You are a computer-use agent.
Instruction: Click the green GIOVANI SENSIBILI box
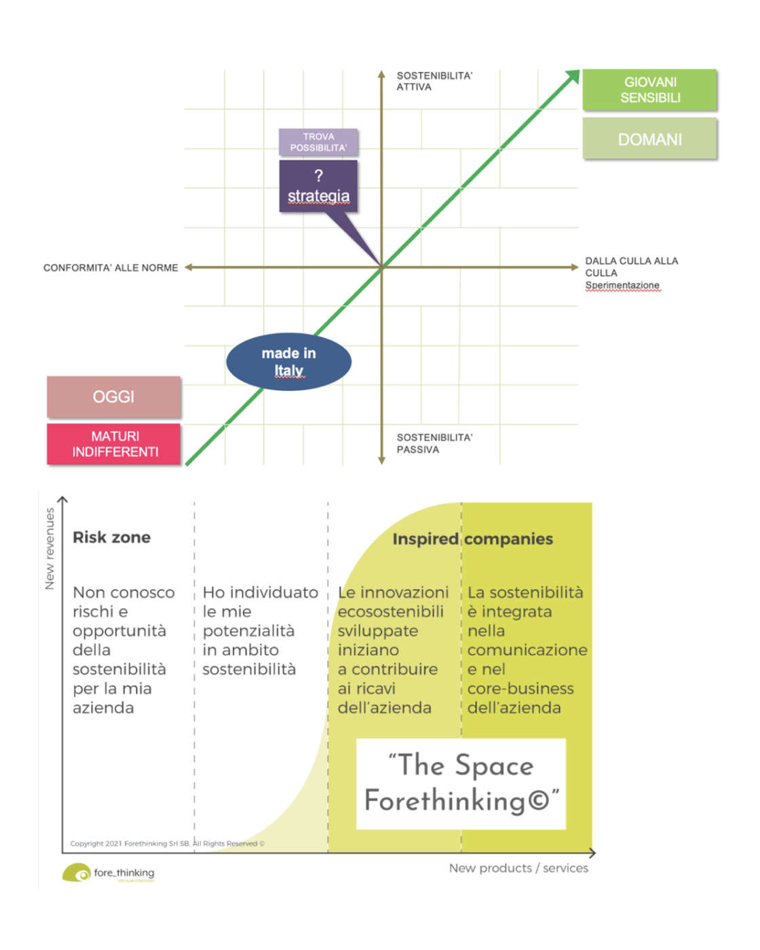point(649,90)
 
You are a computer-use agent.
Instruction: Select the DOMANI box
point(649,139)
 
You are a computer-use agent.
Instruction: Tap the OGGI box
point(113,397)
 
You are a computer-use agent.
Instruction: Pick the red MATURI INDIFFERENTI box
point(114,444)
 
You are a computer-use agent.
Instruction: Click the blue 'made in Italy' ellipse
point(288,362)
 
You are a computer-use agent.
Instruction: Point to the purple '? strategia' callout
point(318,187)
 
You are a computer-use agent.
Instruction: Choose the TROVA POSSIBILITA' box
point(318,142)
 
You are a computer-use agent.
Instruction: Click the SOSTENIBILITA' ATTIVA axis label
point(434,81)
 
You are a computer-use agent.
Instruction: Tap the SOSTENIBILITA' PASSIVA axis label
point(434,443)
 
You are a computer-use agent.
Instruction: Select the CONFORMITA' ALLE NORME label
point(111,268)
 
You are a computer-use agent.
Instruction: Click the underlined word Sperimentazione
point(622,285)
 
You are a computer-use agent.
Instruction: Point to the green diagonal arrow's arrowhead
point(573,76)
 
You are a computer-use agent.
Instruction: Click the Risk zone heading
point(111,537)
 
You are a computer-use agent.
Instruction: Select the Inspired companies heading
point(472,539)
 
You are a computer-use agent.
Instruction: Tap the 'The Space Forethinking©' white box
point(461,783)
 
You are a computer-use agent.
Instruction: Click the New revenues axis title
point(50,548)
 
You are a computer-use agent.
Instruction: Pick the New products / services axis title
point(518,868)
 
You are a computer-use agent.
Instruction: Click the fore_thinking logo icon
point(77,873)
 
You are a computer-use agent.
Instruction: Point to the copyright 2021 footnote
point(167,843)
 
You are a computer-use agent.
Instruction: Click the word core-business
point(520,689)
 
